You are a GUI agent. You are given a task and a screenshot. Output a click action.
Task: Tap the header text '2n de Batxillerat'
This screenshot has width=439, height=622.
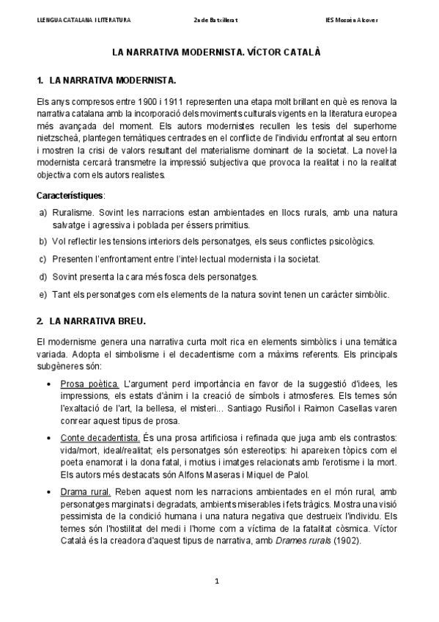219,20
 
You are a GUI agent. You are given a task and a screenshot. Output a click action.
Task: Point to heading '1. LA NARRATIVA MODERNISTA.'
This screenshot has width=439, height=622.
107,78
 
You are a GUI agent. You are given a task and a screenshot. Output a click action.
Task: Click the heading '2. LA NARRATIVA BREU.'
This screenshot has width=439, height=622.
92,321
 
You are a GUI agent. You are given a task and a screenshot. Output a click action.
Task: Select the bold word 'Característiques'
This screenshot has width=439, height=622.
70,195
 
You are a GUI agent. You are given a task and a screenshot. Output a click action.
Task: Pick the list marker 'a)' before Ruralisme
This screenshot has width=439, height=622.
43,212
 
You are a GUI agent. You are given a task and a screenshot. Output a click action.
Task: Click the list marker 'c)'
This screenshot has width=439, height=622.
43,259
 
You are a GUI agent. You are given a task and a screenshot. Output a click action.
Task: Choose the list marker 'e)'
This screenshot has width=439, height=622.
43,294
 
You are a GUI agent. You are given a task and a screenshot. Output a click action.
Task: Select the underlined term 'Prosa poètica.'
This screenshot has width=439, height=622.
89,384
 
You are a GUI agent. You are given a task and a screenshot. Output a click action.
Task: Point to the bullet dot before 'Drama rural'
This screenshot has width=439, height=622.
48,492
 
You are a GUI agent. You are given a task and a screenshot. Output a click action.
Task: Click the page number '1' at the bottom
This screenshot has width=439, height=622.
218,582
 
